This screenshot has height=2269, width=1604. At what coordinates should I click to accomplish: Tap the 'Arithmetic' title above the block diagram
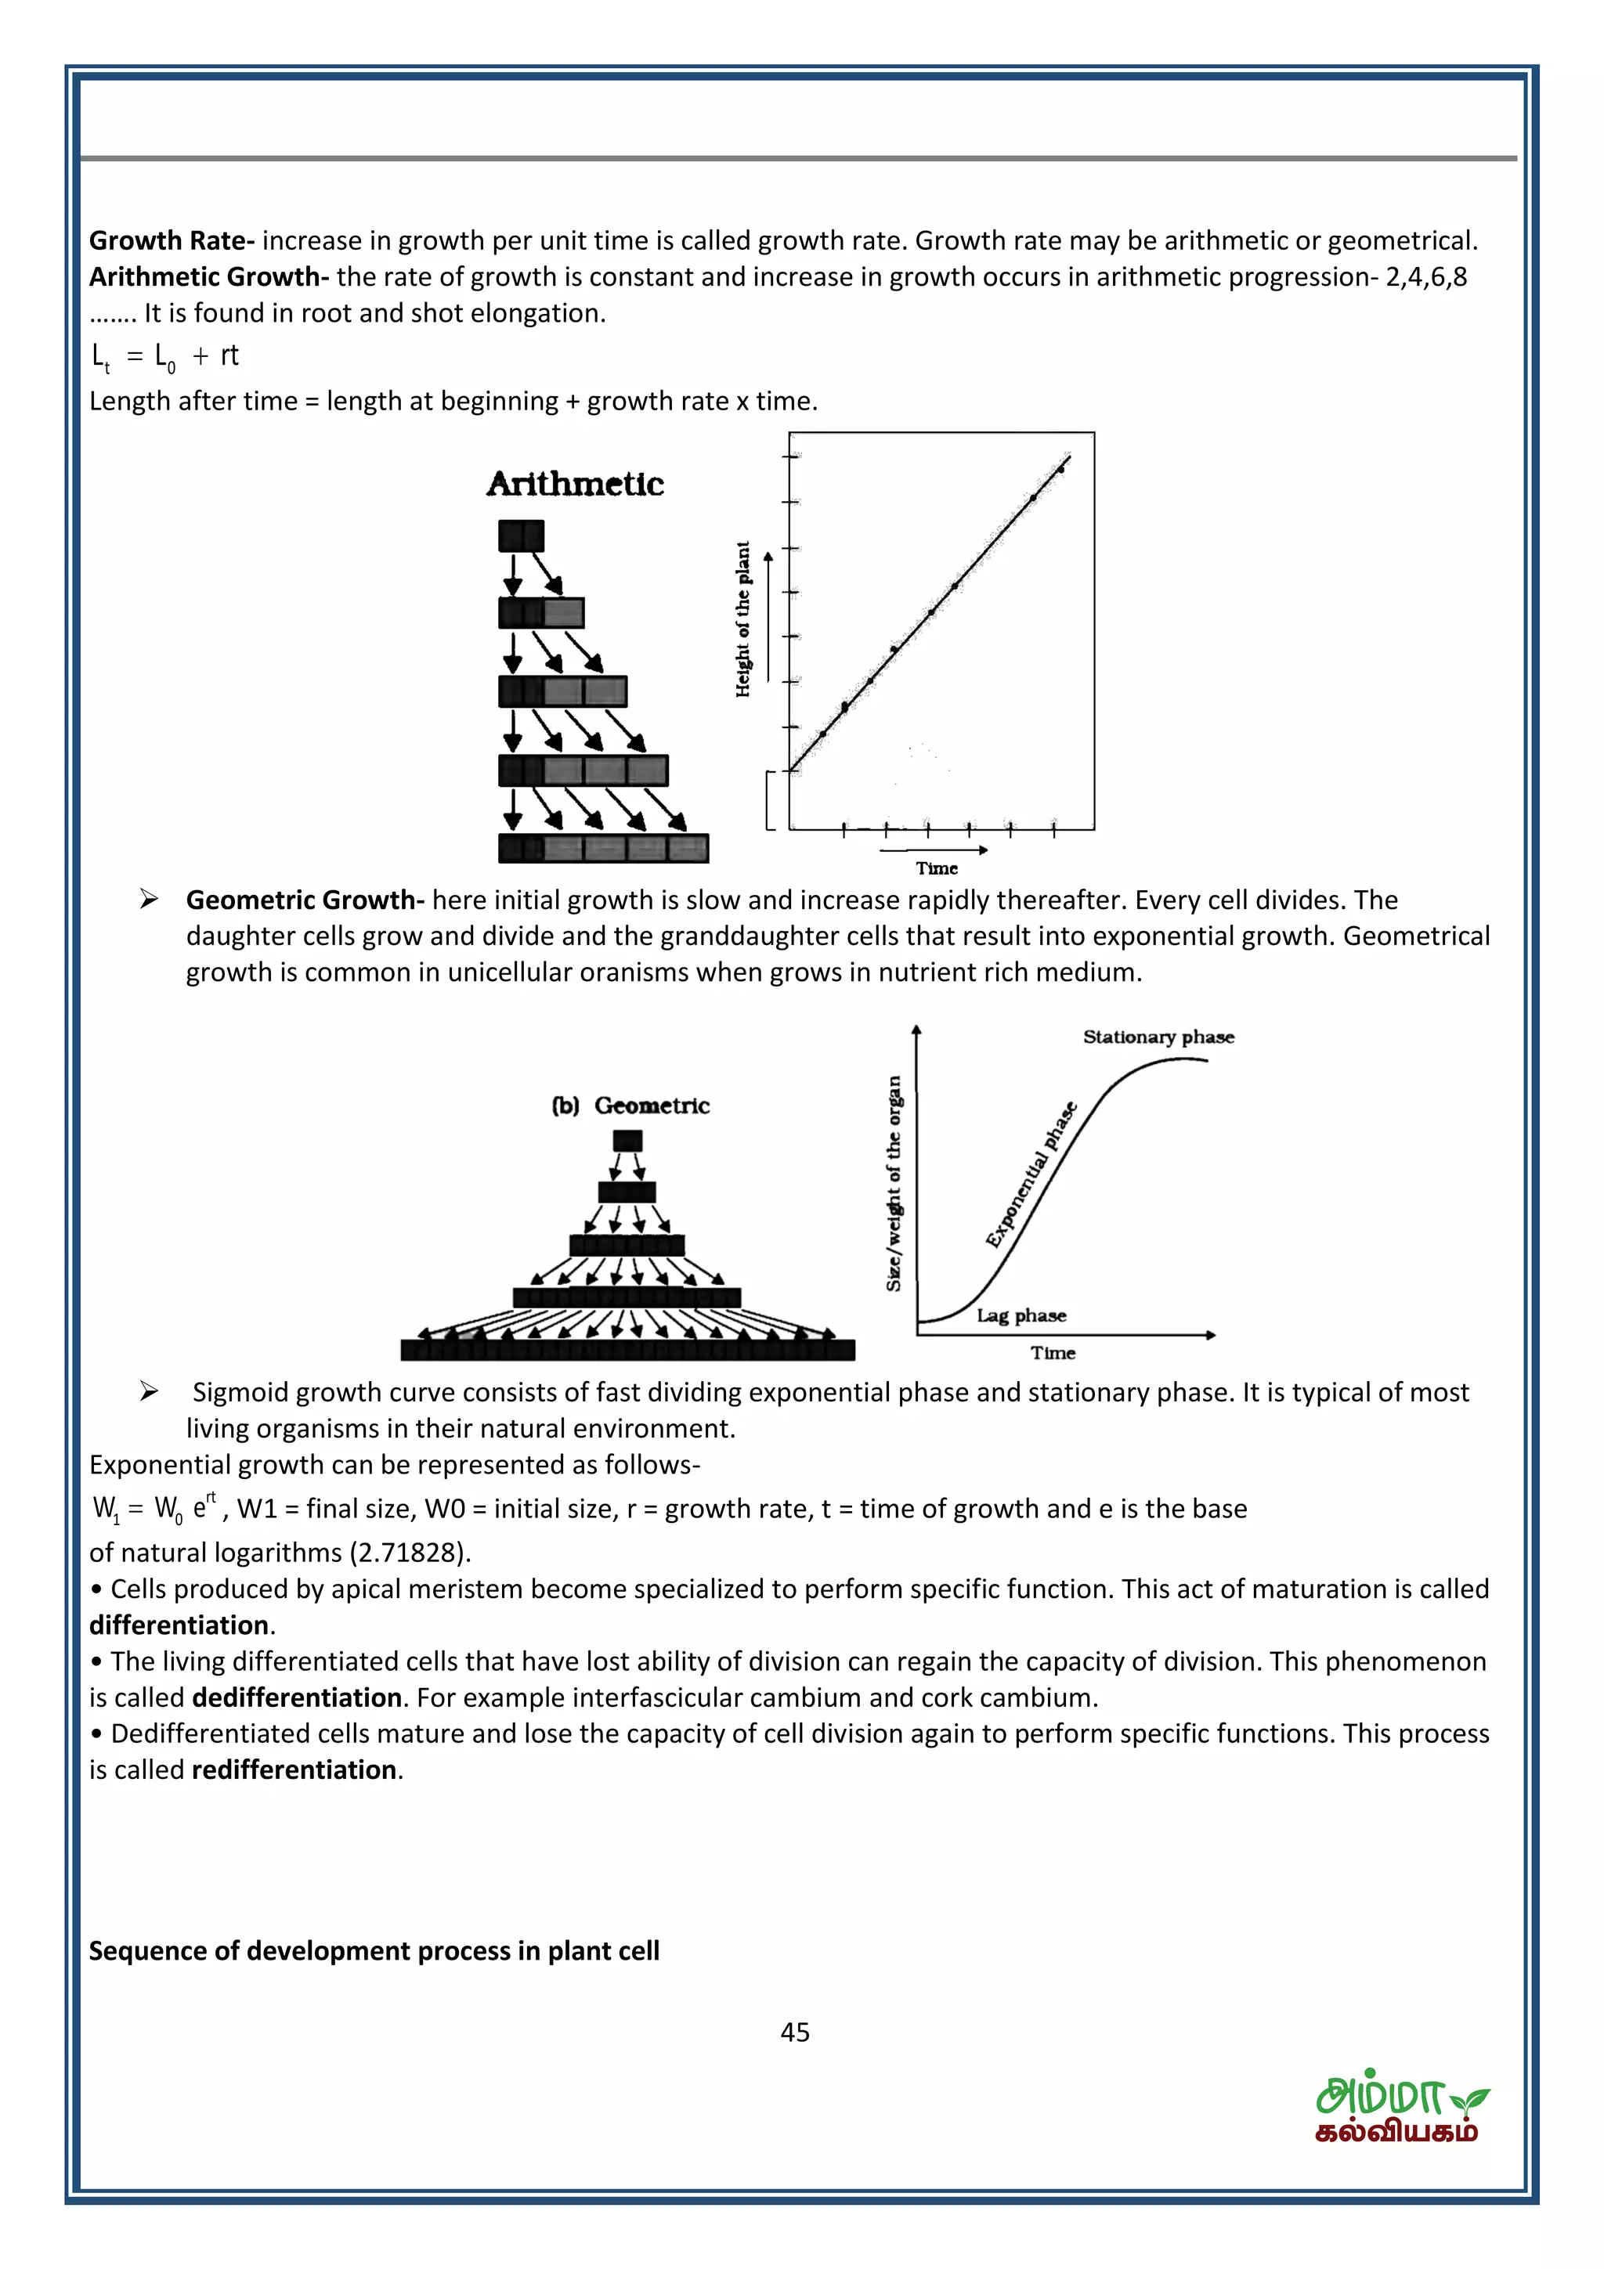coord(574,484)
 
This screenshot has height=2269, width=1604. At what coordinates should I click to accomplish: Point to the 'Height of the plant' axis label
coord(743,619)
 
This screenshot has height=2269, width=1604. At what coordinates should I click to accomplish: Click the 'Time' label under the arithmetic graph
coord(936,868)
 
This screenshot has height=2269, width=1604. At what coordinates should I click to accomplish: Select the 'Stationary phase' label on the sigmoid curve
coord(1158,1037)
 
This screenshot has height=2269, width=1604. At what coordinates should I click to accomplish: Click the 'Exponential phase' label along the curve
coord(1031,1175)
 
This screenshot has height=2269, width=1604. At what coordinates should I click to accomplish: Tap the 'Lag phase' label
coord(1021,1315)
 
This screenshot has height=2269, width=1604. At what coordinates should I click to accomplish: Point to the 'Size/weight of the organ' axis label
coord(894,1183)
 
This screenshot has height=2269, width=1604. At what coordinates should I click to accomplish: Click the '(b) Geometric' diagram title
coord(630,1105)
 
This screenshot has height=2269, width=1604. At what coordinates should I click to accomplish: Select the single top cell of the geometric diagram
coord(627,1141)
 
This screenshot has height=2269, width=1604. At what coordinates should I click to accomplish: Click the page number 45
coord(795,2032)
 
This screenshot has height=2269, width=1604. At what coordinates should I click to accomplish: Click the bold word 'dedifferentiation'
coord(297,1697)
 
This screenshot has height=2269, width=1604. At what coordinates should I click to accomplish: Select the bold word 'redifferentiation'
coord(294,1770)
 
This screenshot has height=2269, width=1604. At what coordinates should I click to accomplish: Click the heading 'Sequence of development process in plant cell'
coord(374,1951)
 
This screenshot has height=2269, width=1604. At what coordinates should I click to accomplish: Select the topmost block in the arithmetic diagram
coord(521,536)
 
